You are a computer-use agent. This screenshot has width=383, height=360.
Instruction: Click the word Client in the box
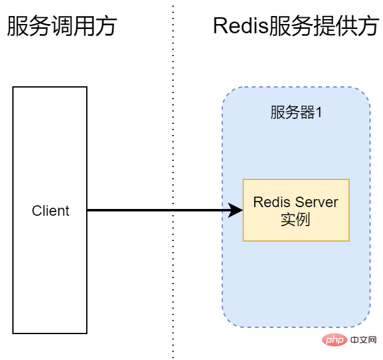point(50,211)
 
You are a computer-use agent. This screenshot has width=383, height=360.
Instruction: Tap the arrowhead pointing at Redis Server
point(235,210)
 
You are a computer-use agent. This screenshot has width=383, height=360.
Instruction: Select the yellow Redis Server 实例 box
point(296,210)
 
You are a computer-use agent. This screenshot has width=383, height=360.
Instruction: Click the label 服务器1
point(296,112)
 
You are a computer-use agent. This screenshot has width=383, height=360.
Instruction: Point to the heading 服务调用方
point(62,26)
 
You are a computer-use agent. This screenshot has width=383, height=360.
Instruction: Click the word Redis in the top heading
point(241,26)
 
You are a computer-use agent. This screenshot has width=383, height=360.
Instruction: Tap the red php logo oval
point(334,340)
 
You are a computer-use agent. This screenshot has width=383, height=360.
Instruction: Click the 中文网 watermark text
point(363,340)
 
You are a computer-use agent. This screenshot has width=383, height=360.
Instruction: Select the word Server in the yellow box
point(316,202)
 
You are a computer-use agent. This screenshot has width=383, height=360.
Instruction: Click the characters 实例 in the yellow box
point(296,219)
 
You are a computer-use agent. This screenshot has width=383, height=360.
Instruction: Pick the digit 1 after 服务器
point(319,112)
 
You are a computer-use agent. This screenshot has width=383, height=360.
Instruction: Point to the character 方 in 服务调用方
point(107,26)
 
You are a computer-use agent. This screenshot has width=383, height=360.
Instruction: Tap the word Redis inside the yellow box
point(273,202)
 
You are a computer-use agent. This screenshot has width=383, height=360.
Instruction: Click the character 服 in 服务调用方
point(18,26)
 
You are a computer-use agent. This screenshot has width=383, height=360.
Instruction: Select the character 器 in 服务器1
point(307,112)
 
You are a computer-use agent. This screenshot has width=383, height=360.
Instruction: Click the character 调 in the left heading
point(62,26)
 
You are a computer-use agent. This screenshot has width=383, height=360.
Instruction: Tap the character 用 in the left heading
point(84,26)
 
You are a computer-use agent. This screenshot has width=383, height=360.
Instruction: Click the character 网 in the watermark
point(372,340)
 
